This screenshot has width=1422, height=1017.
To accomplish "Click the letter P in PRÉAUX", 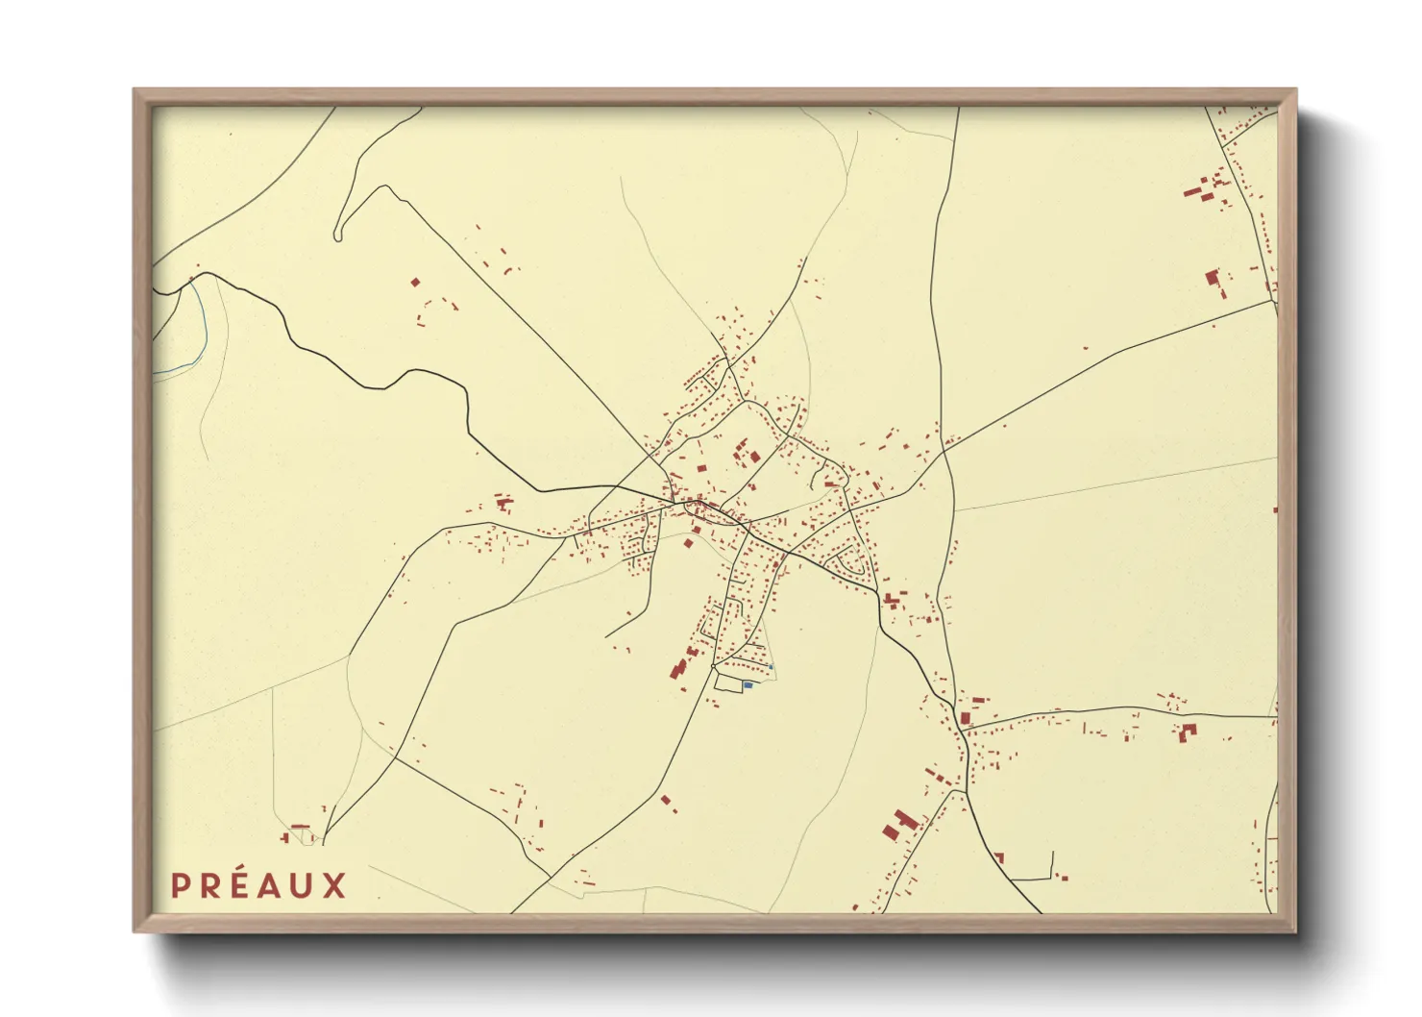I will click(179, 885).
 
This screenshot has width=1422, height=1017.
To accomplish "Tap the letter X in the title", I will click(333, 885).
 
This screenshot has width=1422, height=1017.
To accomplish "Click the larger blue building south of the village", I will click(748, 685).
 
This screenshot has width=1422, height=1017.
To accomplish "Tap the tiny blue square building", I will click(771, 667).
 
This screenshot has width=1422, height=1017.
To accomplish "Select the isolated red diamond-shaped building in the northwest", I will click(415, 283).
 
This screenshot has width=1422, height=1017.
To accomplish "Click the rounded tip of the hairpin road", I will click(338, 235).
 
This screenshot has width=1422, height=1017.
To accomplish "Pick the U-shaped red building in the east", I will click(1189, 732).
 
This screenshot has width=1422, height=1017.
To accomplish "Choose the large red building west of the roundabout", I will click(678, 667).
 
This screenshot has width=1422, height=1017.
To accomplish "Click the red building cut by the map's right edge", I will click(1275, 509).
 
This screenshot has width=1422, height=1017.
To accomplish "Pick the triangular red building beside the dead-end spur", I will click(999, 857).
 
